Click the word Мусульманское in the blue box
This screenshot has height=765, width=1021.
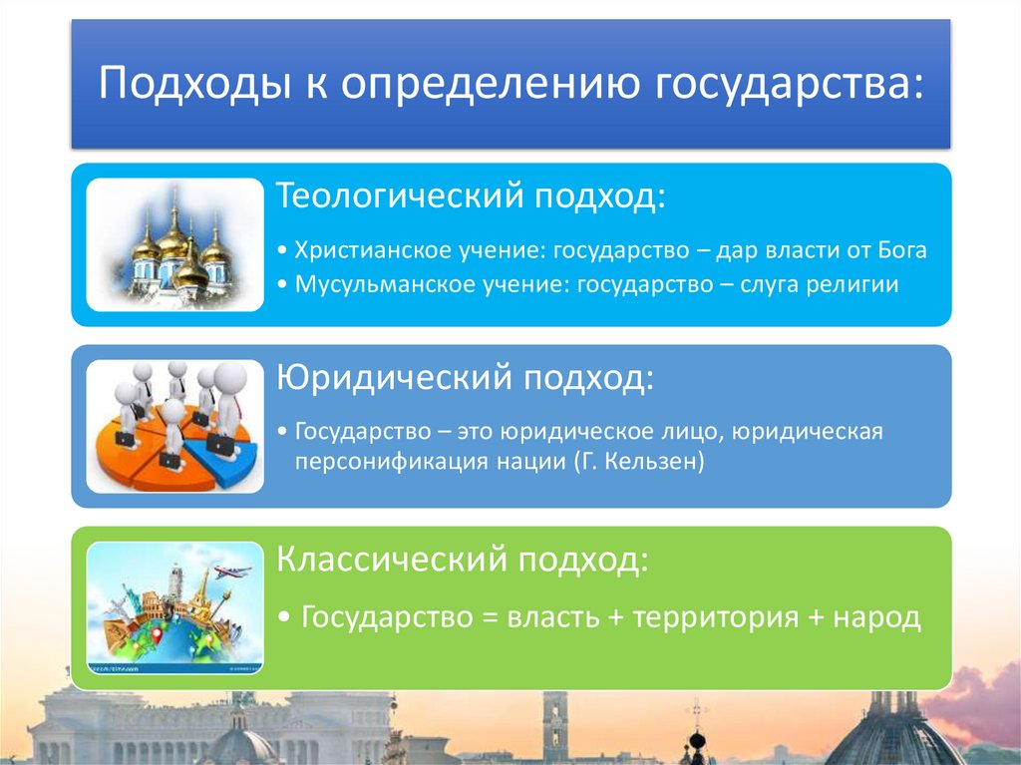(359, 284)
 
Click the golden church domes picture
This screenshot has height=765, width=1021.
(175, 244)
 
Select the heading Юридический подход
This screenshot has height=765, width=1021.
(467, 377)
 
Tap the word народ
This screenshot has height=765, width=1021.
(877, 617)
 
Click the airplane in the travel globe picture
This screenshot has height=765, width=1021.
(232, 572)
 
